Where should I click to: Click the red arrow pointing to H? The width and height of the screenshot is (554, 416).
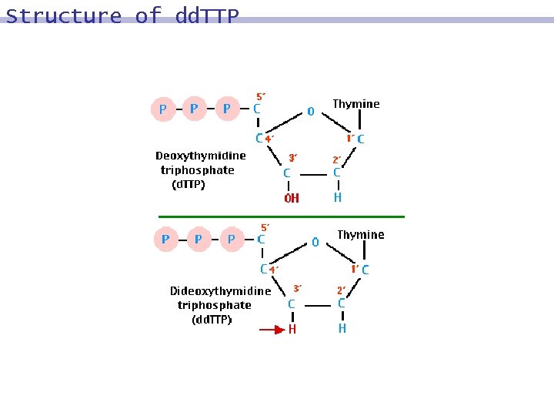click(271, 330)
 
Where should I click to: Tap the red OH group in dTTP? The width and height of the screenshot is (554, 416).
click(292, 198)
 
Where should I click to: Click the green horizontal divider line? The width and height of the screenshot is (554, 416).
click(281, 216)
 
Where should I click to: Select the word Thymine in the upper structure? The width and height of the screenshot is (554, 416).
click(355, 104)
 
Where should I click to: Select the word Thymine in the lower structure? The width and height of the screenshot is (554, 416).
click(361, 235)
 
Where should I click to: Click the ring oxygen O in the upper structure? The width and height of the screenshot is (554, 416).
click(310, 111)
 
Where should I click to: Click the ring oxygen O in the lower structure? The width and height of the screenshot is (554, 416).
click(315, 242)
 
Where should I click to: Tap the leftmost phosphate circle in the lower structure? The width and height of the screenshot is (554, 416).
click(165, 240)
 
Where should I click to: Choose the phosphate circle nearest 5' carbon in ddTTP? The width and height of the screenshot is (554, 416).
click(231, 240)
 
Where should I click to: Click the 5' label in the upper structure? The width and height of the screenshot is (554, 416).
click(261, 97)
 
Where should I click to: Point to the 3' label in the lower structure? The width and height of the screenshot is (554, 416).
click(296, 289)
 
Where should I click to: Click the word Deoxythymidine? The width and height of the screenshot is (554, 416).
click(201, 156)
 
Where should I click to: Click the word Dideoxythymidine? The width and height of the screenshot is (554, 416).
click(220, 291)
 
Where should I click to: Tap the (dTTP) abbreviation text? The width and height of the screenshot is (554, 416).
click(188, 184)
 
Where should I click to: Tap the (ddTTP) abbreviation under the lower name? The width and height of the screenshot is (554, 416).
click(212, 320)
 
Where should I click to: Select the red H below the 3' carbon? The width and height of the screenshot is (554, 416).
click(292, 330)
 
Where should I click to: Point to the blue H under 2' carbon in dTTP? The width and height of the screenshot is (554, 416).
click(337, 197)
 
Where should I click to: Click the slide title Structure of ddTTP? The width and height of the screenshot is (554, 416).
click(122, 16)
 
